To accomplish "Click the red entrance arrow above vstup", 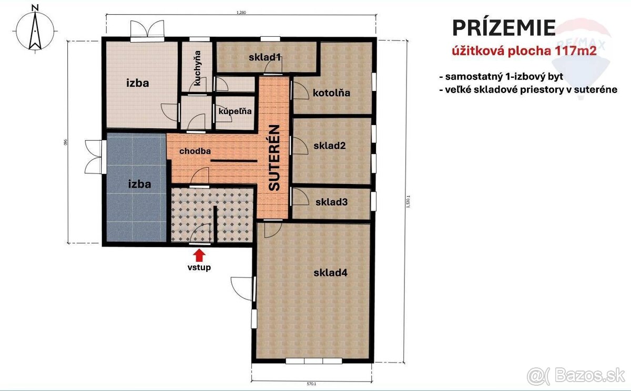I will point(199,255).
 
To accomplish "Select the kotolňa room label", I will point(331,93).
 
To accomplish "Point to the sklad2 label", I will point(329,146).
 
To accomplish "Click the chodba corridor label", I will point(195,151).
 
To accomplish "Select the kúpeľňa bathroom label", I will point(235,111).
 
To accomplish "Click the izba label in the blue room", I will point(140,184).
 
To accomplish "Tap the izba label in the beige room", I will point(138,83).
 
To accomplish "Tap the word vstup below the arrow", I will point(199,267).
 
